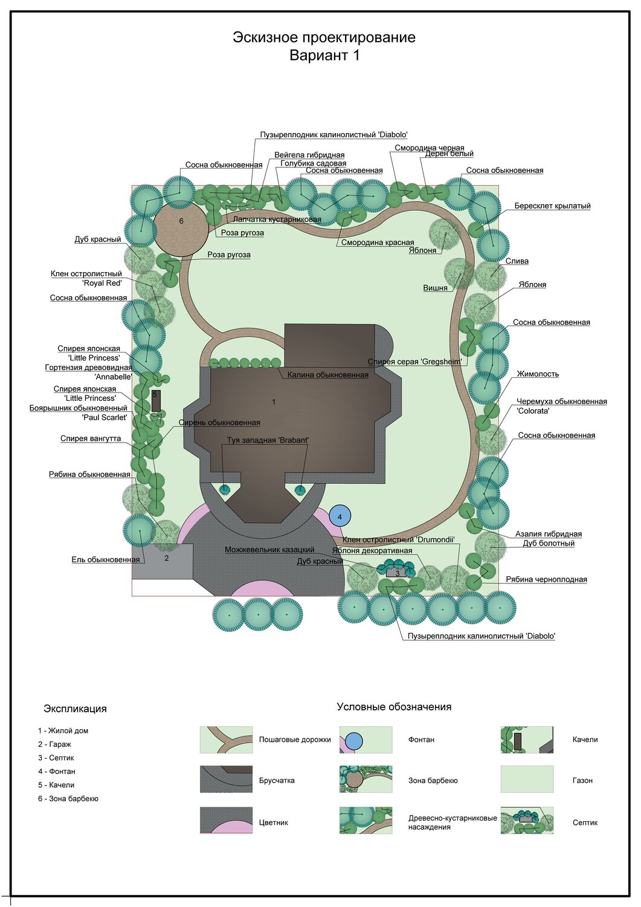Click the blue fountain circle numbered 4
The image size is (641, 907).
(x=340, y=516)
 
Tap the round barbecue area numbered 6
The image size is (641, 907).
(x=181, y=228)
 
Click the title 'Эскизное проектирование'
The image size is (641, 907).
(x=324, y=37)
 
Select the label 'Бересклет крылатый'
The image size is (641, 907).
(x=552, y=206)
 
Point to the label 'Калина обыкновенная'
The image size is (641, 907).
(x=327, y=375)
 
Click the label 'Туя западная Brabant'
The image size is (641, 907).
(x=268, y=440)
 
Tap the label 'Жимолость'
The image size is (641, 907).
(x=538, y=374)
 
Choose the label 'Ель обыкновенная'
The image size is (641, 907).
(x=106, y=559)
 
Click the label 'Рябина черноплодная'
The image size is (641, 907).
(x=546, y=579)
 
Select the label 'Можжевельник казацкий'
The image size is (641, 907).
(x=269, y=550)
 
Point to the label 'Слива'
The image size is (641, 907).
(x=517, y=261)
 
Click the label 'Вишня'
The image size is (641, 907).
(x=435, y=288)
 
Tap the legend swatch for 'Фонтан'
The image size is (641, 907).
(x=366, y=740)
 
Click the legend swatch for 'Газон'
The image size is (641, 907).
(x=527, y=779)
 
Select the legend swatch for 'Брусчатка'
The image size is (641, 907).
(x=226, y=779)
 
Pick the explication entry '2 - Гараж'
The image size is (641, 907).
(x=54, y=744)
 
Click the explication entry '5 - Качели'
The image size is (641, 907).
(x=56, y=785)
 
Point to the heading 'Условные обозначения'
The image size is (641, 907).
(x=394, y=707)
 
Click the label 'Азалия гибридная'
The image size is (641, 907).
(x=548, y=534)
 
